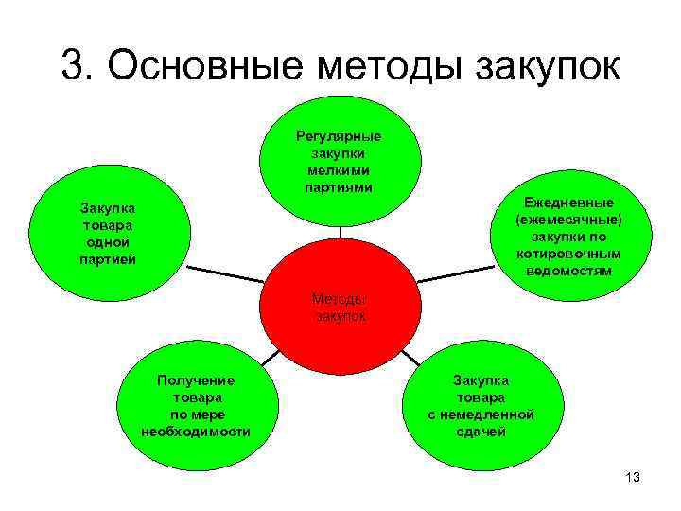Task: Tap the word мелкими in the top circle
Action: coord(339,170)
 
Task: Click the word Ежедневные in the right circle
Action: coord(569,203)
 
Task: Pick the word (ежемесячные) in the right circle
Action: coord(569,220)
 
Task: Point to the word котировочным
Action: coord(569,254)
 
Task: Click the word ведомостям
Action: coord(569,271)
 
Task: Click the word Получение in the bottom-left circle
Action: coord(196,380)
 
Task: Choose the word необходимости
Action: coord(196,432)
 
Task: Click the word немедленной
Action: coord(482,414)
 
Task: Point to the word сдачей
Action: coord(482,432)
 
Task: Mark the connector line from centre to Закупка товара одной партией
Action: coord(218,273)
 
